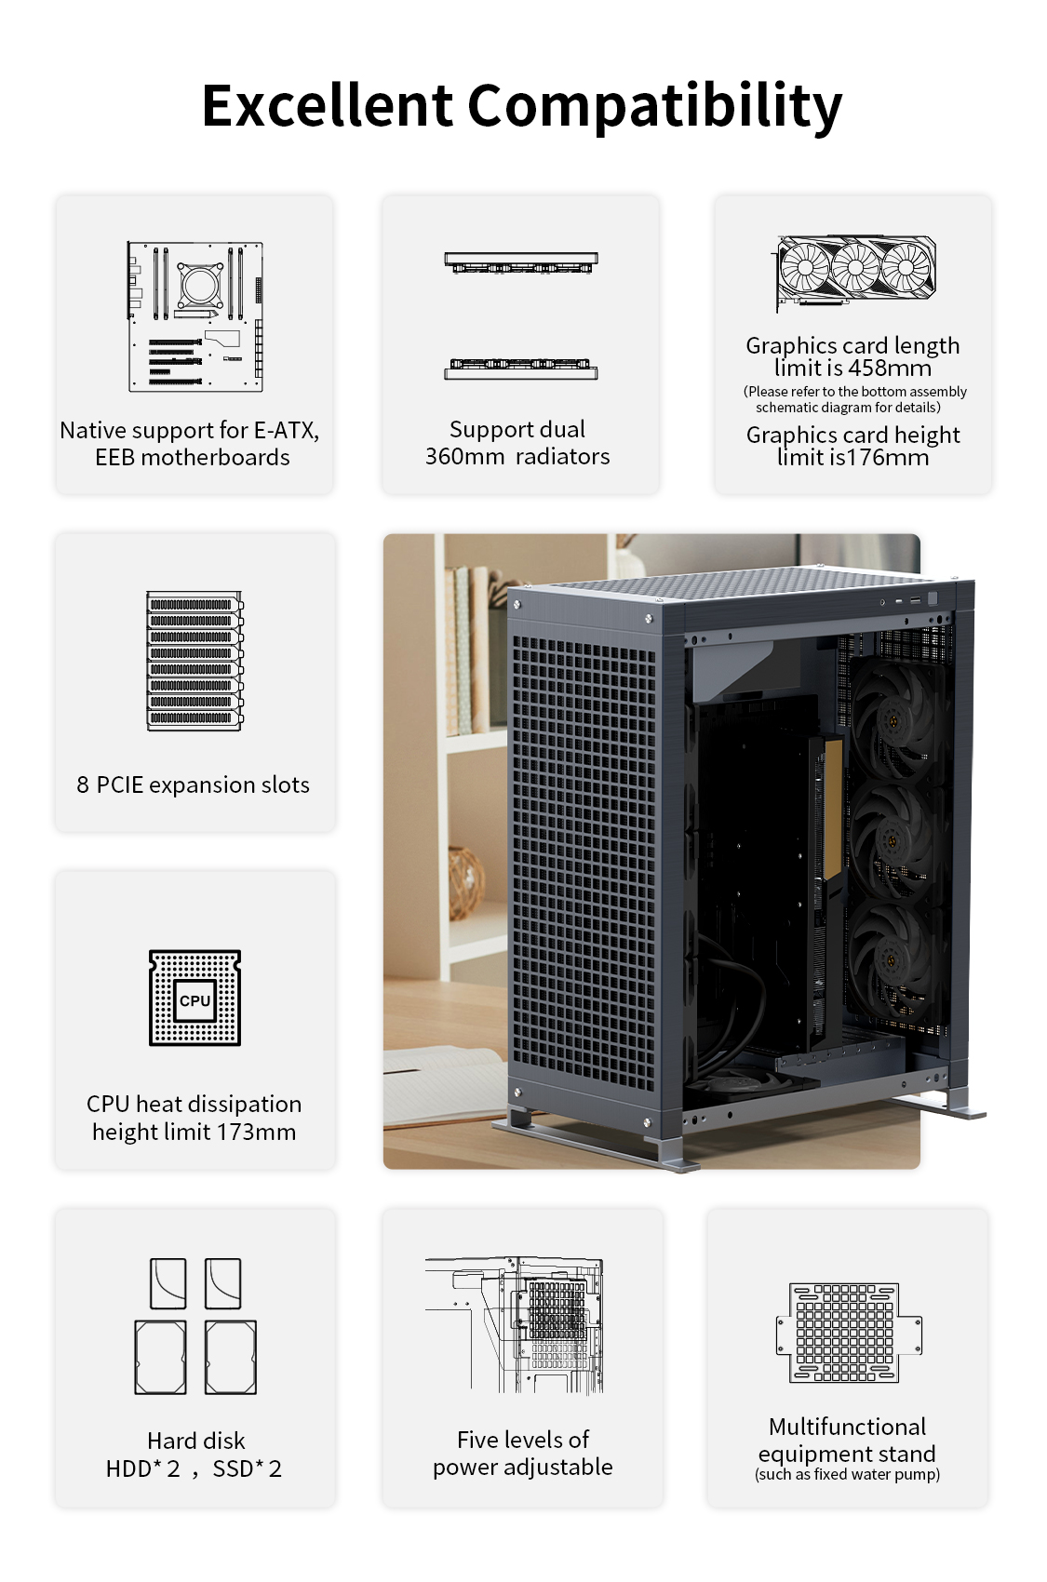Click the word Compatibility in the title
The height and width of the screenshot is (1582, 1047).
click(655, 107)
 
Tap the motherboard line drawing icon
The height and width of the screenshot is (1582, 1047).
click(195, 316)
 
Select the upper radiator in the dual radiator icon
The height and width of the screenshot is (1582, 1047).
click(521, 262)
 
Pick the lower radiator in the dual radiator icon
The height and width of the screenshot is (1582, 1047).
click(521, 369)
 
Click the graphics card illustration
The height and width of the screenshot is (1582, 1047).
click(855, 273)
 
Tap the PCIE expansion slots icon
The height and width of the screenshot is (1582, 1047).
click(195, 661)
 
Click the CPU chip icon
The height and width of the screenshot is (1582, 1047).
click(195, 998)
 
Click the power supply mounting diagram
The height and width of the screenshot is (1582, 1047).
click(515, 1325)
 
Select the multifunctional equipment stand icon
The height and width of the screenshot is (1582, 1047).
click(849, 1333)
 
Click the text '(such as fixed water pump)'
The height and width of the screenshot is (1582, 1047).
click(847, 1475)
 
